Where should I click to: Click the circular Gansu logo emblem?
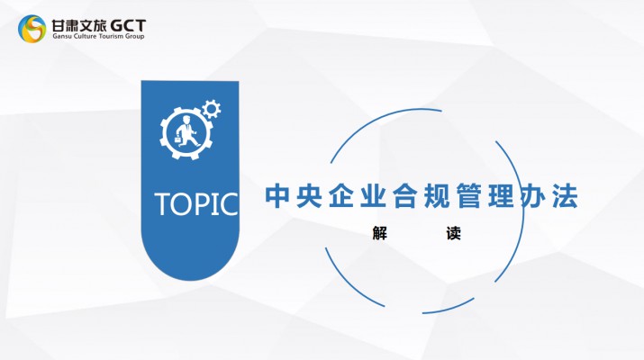32,28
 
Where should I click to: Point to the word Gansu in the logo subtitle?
62,38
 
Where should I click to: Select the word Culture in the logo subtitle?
86,38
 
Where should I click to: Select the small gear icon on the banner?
212,110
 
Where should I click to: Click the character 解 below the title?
379,233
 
